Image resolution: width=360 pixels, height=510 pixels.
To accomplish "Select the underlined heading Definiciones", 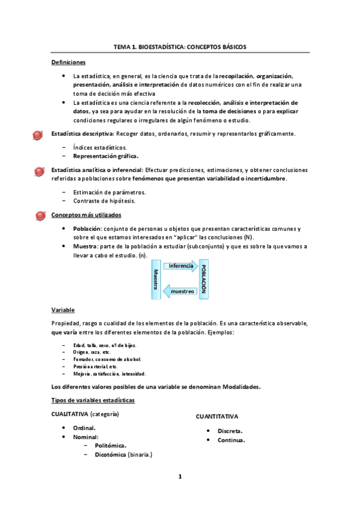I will [69, 62].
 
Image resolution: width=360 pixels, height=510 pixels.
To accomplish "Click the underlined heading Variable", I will [63, 310].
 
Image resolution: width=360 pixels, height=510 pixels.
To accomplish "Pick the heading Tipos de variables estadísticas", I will [93, 401].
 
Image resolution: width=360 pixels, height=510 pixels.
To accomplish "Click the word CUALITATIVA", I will [70, 414].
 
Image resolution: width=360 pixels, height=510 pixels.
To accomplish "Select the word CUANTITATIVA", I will [217, 416].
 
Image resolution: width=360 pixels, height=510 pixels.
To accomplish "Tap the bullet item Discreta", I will [230, 431].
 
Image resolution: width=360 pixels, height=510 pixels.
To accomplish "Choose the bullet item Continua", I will [231, 440].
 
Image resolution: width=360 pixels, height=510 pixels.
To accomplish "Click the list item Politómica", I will [110, 446].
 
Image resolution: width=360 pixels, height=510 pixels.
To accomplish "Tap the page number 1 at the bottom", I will [180, 477].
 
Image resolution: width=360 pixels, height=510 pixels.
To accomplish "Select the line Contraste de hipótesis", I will [103, 201].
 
